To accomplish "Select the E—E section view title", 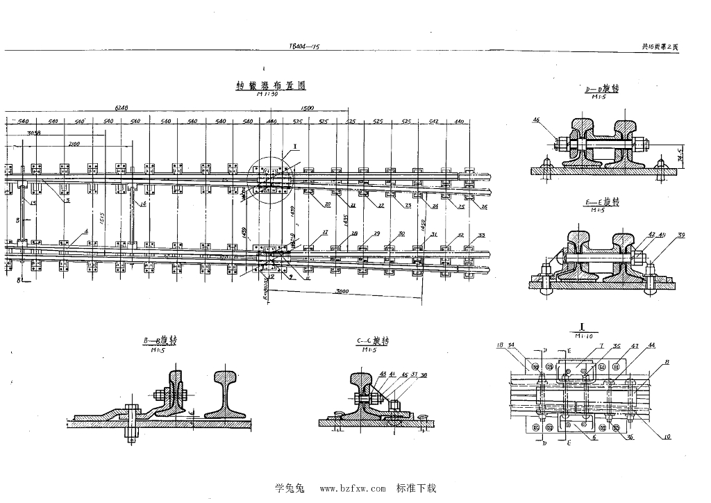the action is (x=601, y=201).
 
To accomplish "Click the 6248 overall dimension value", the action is (x=122, y=108).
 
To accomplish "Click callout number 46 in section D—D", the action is (x=536, y=120).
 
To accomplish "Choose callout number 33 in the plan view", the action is (x=482, y=236).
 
